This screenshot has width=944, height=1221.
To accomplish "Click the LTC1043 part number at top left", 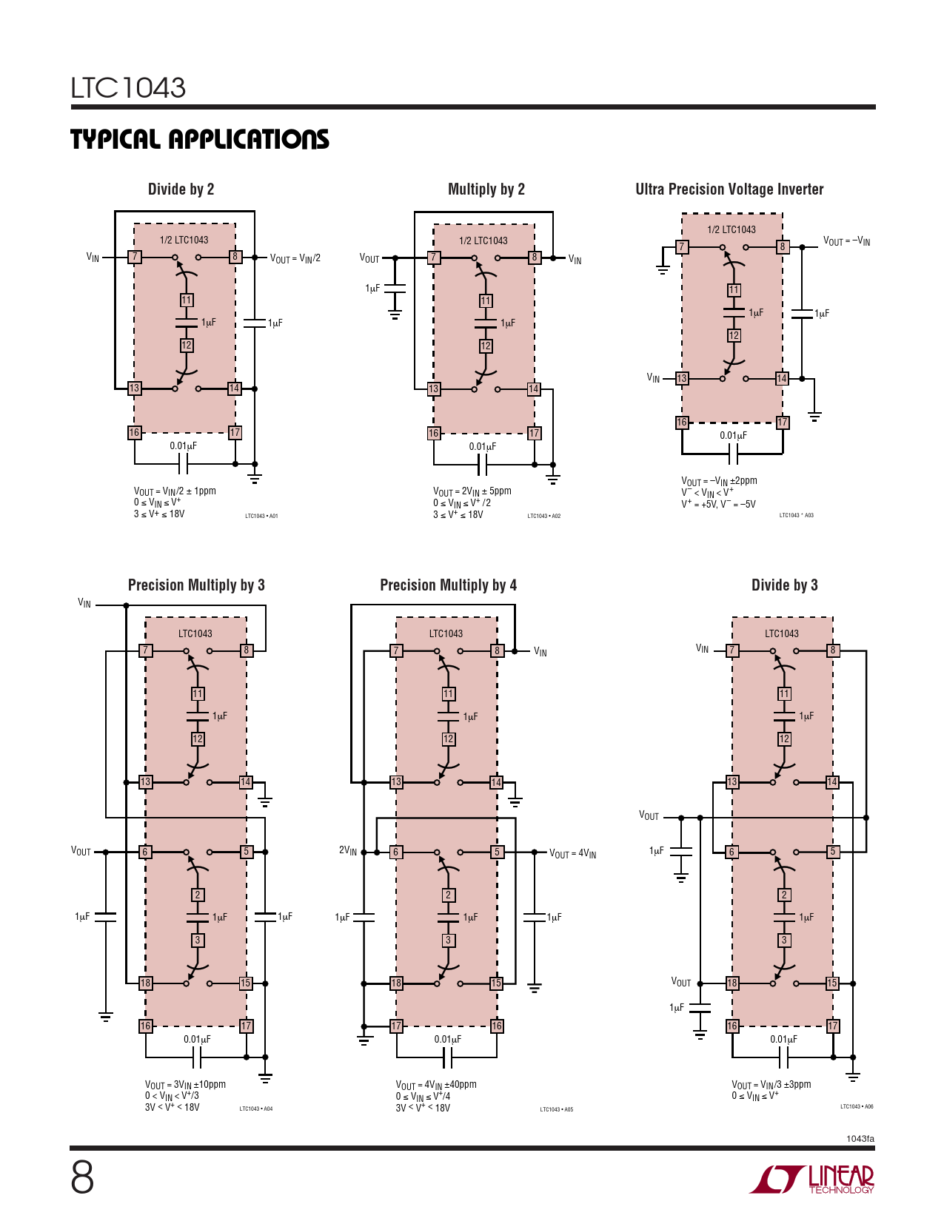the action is pyautogui.click(x=128, y=87).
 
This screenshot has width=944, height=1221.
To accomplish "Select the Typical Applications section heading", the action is pyautogui.click(x=200, y=139).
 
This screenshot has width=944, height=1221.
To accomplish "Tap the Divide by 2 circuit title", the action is pyautogui.click(x=181, y=189).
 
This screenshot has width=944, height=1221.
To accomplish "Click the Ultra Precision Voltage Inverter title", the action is pyautogui.click(x=729, y=189).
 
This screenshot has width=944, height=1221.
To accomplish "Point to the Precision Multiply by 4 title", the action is pyautogui.click(x=448, y=585).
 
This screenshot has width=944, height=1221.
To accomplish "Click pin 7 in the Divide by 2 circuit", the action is pyautogui.click(x=134, y=257).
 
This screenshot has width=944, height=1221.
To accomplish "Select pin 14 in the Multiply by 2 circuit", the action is pyautogui.click(x=534, y=388).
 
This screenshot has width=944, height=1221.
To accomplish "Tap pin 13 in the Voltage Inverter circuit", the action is pyautogui.click(x=681, y=378).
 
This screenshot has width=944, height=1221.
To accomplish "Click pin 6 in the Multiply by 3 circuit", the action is pyautogui.click(x=145, y=852).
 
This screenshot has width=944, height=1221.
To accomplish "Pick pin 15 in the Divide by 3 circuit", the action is pyautogui.click(x=832, y=983).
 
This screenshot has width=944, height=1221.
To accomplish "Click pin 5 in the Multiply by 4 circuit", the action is pyautogui.click(x=497, y=852).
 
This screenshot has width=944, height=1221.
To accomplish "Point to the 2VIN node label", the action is pyautogui.click(x=348, y=851).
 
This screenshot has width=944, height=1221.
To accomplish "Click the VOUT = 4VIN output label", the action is pyautogui.click(x=572, y=854).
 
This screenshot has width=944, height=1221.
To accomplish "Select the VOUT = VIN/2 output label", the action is pyautogui.click(x=295, y=258).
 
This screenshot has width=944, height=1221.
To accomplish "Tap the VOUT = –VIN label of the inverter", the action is pyautogui.click(x=847, y=241).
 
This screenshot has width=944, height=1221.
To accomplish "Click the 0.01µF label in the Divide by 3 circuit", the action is pyautogui.click(x=784, y=1040).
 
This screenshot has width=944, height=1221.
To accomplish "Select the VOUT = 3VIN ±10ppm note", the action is pyautogui.click(x=186, y=1084).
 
